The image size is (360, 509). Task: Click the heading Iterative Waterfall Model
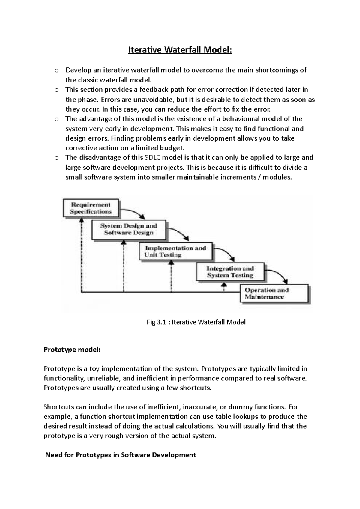[180, 50]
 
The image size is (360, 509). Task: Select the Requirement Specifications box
[91, 208]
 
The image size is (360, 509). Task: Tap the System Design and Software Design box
[129, 230]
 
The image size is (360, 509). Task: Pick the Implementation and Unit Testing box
[176, 252]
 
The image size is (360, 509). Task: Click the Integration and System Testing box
[230, 272]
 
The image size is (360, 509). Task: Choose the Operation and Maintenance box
[274, 293]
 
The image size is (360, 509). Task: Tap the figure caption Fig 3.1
[196, 322]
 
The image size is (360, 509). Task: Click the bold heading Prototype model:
[72, 350]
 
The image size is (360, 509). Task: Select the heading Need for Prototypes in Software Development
[121, 455]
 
